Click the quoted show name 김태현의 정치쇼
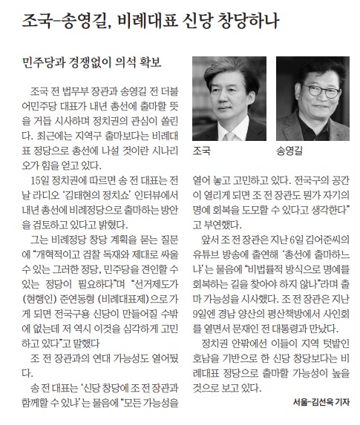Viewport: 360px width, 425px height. pos(90,195)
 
